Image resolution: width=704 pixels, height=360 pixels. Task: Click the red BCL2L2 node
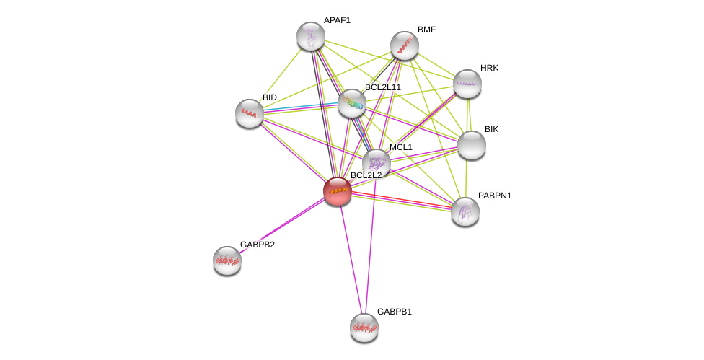(x=337, y=191)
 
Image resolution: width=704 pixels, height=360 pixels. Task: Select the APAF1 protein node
(x=311, y=36)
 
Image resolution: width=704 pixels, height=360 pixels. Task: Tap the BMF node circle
(x=405, y=45)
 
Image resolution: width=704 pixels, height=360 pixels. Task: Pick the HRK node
(x=467, y=84)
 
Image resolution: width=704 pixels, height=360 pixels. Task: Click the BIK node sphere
(x=472, y=145)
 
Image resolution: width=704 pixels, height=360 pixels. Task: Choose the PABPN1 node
(x=465, y=211)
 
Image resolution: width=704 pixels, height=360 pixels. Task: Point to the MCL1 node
(x=376, y=163)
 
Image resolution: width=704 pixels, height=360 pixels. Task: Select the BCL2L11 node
(x=352, y=103)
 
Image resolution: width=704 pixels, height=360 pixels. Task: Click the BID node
(x=250, y=113)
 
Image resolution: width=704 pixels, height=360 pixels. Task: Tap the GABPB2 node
(x=227, y=260)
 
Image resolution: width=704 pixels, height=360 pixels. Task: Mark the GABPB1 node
(x=364, y=328)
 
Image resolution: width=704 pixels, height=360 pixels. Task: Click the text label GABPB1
(x=395, y=312)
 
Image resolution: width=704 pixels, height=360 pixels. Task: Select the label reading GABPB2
(x=258, y=245)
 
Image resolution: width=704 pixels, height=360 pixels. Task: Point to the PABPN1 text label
(x=495, y=196)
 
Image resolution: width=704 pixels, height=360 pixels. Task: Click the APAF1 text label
(x=337, y=20)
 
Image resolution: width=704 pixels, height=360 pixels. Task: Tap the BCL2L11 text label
(x=382, y=87)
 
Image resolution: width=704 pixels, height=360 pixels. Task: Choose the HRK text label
(x=489, y=68)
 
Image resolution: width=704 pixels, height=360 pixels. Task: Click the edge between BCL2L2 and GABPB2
(x=282, y=226)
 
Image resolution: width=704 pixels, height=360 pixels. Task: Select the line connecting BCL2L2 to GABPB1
(x=351, y=259)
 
